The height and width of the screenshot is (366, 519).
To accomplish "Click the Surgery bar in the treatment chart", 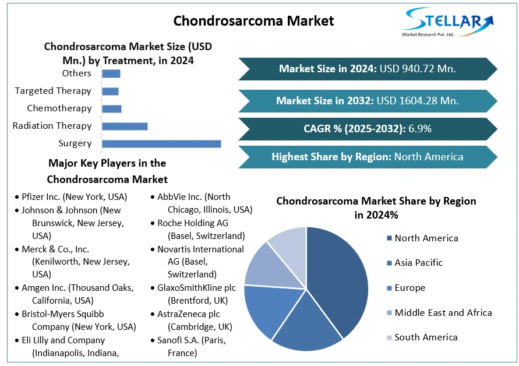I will pos(161,143).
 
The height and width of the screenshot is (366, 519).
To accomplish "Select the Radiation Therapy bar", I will pos(125,126).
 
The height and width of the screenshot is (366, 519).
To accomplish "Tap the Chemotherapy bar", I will pos(111,108).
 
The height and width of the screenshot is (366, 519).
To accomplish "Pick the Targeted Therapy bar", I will pos(110,91).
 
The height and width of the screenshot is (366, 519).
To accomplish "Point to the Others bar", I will pos(111,73).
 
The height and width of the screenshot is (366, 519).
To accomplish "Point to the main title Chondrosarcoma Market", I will pos(254,21).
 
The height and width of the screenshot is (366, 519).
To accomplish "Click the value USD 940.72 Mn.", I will pos(417,69).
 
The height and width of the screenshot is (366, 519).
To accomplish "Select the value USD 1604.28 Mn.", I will pos(417,101).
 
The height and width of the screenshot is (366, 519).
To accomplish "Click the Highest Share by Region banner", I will pos(367,157).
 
